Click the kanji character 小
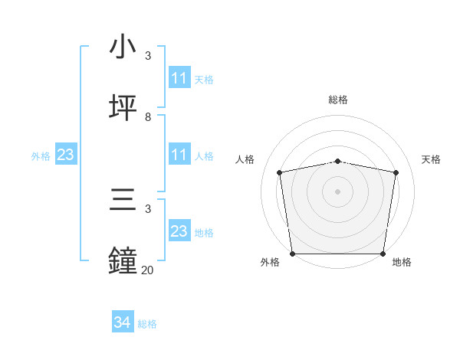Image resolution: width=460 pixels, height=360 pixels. (123, 47)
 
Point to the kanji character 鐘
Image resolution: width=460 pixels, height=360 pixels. (123, 260)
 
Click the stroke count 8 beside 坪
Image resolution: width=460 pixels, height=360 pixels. (148, 116)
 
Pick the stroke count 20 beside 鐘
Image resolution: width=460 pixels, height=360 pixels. (147, 269)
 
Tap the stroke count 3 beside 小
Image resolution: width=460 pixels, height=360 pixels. (148, 56)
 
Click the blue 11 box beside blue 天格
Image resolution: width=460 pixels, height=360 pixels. (179, 78)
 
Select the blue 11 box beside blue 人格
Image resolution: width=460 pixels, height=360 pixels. (179, 155)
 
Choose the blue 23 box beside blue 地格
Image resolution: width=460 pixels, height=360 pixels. (179, 231)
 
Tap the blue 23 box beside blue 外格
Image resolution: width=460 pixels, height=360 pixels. (66, 155)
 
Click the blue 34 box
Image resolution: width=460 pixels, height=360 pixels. (123, 323)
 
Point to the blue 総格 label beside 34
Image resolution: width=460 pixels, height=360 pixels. (147, 324)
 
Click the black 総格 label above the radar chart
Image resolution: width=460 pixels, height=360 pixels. (338, 100)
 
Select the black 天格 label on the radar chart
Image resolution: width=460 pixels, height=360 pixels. (431, 159)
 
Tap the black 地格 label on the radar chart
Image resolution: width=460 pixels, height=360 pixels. (402, 262)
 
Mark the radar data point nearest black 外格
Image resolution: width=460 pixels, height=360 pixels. (292, 254)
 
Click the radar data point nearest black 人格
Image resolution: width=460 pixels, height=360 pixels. (280, 172)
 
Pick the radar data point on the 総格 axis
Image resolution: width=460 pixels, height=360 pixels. (338, 161)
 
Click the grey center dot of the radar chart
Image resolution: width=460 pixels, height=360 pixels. (338, 191)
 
